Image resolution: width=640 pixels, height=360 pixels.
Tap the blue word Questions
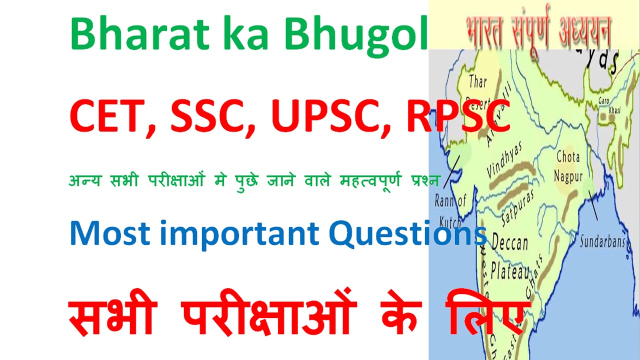point(407,233)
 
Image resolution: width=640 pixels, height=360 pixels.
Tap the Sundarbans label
point(602,242)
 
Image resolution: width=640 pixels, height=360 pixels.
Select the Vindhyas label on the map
point(504,160)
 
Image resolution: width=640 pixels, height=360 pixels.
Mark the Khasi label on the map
point(614,110)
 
